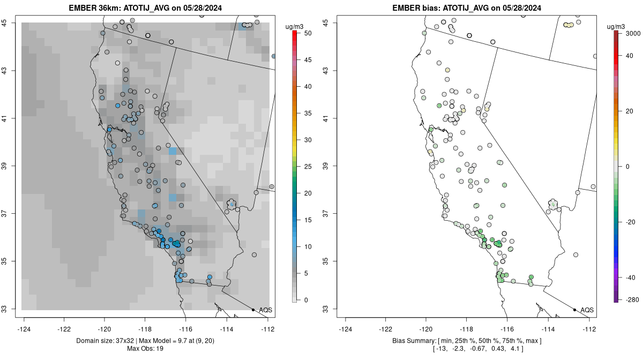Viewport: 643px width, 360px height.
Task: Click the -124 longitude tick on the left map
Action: [25, 328]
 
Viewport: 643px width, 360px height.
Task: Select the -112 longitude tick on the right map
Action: [589, 328]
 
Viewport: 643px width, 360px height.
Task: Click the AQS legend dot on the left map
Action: [253, 310]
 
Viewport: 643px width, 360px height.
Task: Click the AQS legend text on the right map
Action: [587, 310]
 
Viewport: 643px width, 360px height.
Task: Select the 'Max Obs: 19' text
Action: [146, 349]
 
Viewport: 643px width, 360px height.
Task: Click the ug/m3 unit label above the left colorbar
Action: [294, 26]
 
